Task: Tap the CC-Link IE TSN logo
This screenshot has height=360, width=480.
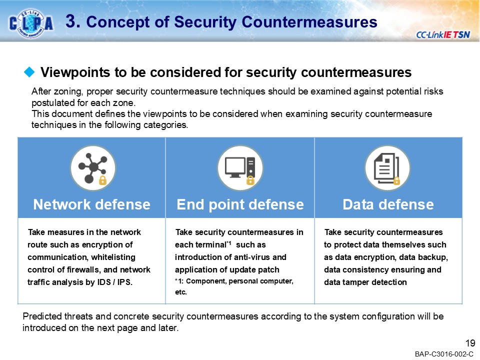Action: coord(442,34)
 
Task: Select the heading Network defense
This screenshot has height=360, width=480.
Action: coord(91,204)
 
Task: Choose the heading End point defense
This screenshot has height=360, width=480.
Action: coord(239,204)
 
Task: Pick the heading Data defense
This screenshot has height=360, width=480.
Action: coord(388,204)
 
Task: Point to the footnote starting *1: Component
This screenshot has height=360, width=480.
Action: coord(234,282)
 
